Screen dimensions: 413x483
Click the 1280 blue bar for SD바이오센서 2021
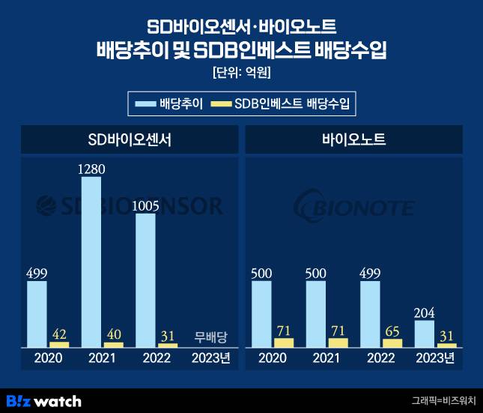click(91, 262)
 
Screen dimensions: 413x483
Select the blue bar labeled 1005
click(145, 280)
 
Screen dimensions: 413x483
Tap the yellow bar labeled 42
click(59, 345)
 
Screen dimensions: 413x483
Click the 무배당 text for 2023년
click(210, 336)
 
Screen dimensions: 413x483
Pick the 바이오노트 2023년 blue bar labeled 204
click(424, 334)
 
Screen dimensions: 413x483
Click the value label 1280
click(91, 169)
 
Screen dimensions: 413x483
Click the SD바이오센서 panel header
click(129, 139)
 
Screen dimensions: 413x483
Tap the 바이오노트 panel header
click(353, 139)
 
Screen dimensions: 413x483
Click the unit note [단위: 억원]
click(241, 73)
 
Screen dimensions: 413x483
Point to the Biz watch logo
click(43, 400)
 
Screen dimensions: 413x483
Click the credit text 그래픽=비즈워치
click(443, 401)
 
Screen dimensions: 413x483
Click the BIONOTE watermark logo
click(353, 205)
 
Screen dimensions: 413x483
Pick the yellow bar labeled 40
click(113, 345)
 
